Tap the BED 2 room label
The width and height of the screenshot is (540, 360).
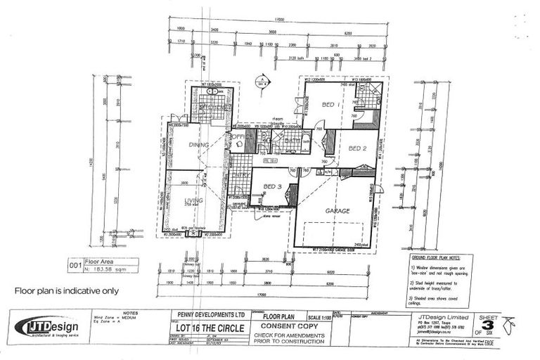pyautogui.click(x=357, y=148)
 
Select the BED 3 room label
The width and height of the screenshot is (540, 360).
pyautogui.click(x=272, y=187)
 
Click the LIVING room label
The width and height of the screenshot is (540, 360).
pyautogui.click(x=193, y=201)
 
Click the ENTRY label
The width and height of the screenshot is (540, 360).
pyautogui.click(x=238, y=175)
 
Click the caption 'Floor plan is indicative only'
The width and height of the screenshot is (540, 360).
pyautogui.click(x=67, y=290)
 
